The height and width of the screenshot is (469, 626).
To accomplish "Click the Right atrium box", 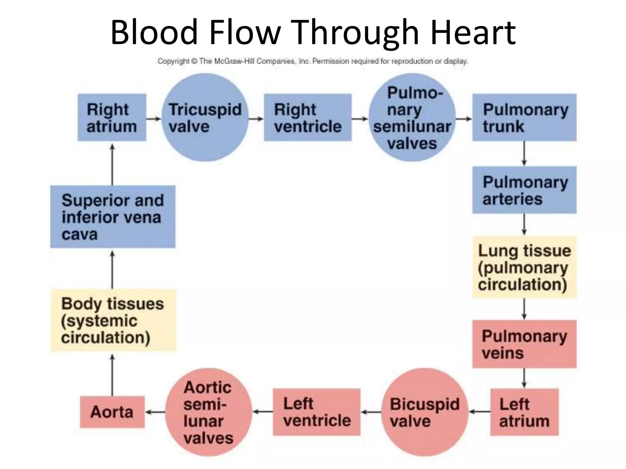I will click(112, 118).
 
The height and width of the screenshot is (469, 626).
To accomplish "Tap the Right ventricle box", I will click(307, 118).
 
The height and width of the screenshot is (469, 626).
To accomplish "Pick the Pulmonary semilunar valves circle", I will click(412, 118).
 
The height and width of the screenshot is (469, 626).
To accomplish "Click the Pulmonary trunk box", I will click(524, 118).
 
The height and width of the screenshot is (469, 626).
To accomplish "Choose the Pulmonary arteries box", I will click(524, 190).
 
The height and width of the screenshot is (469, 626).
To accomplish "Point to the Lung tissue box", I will click(524, 267).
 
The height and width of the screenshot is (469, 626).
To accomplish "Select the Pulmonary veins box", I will click(524, 344).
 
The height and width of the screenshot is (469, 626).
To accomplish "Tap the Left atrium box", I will click(524, 412).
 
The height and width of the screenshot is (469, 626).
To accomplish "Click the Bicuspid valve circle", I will click(425, 412).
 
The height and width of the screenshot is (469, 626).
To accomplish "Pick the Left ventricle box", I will click(316, 412).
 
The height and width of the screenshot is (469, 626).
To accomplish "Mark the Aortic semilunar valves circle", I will click(208, 412).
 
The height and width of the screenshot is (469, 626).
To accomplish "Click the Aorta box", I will click(112, 412).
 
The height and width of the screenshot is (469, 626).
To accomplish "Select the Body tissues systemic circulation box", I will click(113, 320).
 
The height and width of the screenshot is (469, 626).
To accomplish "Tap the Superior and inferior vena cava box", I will click(112, 216).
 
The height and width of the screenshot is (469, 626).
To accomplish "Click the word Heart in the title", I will click(473, 32).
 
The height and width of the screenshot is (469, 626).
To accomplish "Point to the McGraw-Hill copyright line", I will click(312, 61).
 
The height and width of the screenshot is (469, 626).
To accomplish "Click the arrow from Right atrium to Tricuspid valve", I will click(153, 118).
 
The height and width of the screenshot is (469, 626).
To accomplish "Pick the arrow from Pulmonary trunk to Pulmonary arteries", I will click(524, 153).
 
